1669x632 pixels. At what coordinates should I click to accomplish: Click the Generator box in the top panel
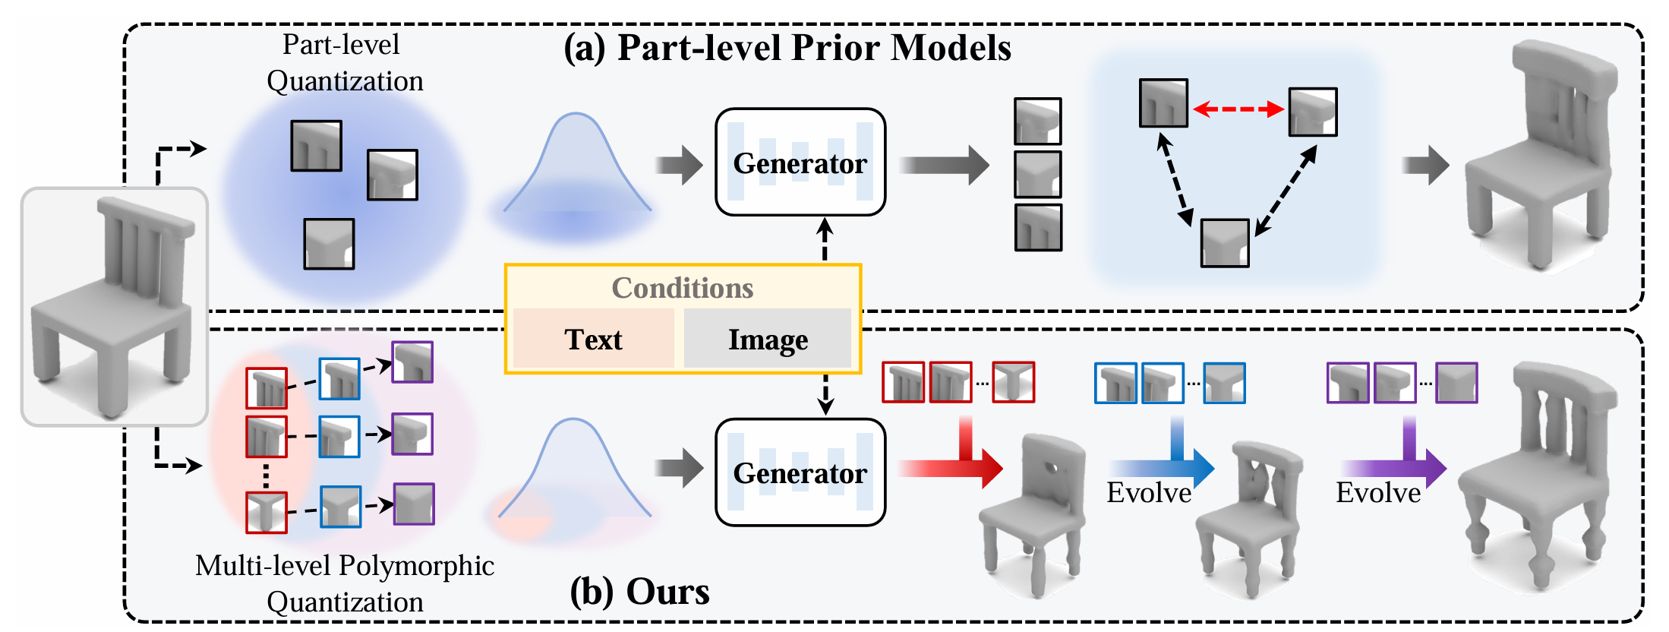tap(800, 163)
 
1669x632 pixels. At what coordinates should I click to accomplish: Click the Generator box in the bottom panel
tap(800, 472)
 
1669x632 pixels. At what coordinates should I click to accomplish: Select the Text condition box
tap(593, 339)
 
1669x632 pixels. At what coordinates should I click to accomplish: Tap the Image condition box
tap(768, 339)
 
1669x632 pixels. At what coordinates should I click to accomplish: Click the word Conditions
tap(682, 288)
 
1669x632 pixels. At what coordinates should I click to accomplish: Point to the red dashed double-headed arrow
tap(1238, 109)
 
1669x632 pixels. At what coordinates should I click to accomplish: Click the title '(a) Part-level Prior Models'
tap(787, 47)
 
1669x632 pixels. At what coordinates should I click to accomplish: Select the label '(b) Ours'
tap(639, 591)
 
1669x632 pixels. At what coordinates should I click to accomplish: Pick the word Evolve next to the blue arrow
tap(1148, 493)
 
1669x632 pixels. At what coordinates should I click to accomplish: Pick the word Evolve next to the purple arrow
tap(1377, 493)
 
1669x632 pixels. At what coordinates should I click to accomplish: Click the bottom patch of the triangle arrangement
tap(1224, 243)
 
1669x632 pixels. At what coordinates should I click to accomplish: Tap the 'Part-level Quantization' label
tap(343, 62)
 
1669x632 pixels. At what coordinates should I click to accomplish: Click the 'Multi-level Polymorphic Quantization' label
tap(345, 583)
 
